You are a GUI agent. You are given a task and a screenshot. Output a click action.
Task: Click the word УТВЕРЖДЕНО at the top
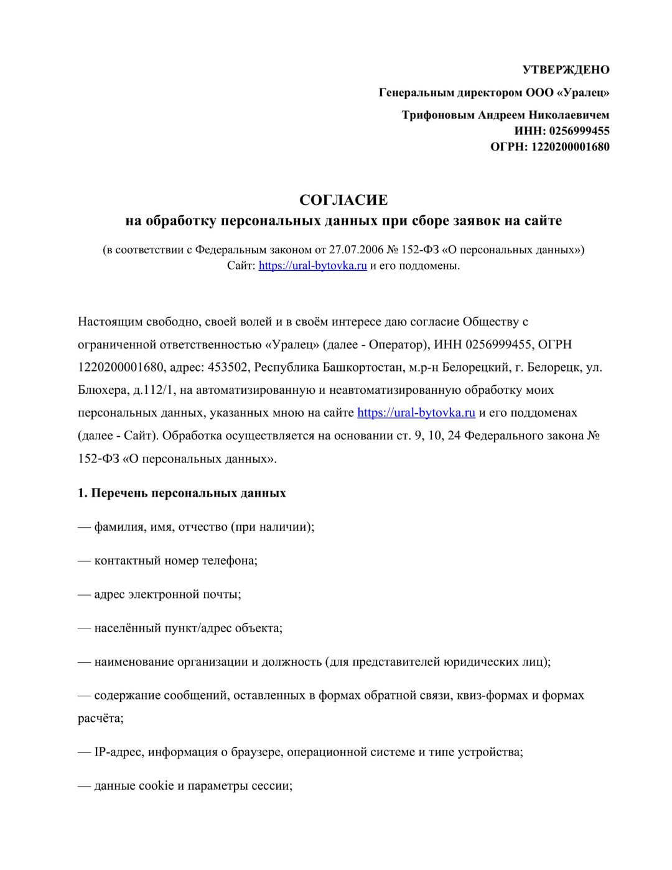pos(566,70)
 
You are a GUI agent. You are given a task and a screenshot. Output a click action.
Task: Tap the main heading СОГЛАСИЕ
pos(343,200)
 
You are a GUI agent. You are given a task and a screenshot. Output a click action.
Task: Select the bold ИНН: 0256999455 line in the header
pos(562,131)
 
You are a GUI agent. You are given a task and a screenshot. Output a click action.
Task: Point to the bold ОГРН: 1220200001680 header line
pos(550,147)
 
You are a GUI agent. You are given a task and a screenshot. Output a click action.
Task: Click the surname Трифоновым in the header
pos(438,115)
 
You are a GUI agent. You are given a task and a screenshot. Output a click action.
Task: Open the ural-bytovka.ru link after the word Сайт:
pos(312,266)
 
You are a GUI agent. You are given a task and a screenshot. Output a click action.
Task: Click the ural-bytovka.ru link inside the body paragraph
pos(416,413)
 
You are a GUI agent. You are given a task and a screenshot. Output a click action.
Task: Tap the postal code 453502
pos(229,367)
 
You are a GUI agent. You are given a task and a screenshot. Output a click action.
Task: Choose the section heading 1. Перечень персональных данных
pos(182,493)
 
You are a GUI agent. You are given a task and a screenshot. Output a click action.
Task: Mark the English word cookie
pos(156,785)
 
